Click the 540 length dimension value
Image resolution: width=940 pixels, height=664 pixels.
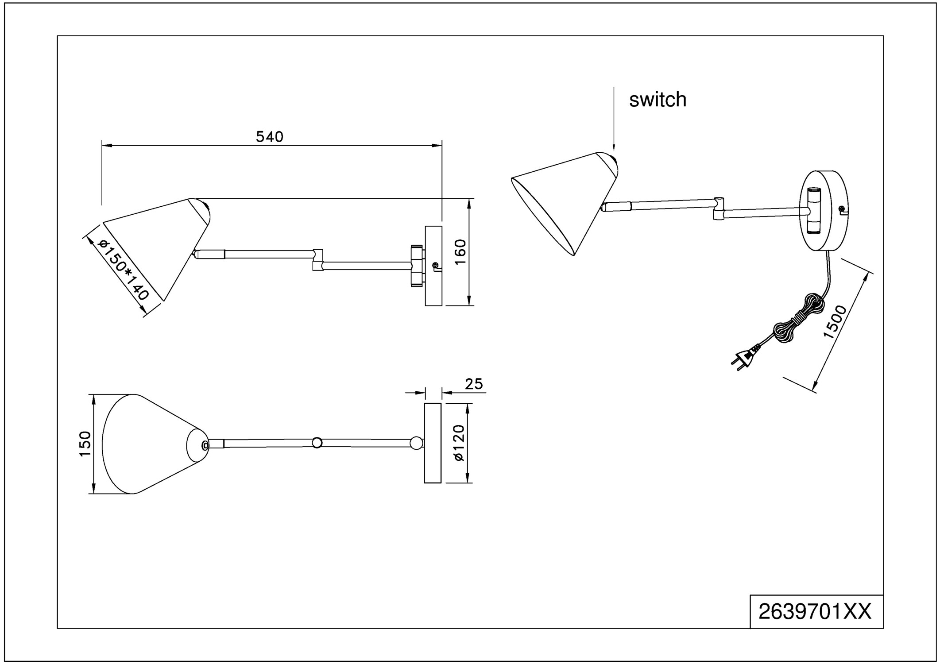point(269,137)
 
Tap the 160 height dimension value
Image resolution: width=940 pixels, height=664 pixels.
point(460,251)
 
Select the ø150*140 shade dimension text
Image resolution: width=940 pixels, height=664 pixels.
point(123,270)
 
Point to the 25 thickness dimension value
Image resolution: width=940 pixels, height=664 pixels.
point(474,384)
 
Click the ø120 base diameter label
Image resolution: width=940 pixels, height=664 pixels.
point(459,443)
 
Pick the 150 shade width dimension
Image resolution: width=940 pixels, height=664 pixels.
point(85,444)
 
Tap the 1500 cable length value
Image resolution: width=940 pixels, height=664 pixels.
point(835,322)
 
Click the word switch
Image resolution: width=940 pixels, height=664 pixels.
point(658,100)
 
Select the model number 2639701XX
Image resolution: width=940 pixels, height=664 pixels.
point(815,612)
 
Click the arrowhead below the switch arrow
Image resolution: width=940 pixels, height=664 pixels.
point(614,147)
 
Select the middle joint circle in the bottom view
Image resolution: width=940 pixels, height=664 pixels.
point(317,443)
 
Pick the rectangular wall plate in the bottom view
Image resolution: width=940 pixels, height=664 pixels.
point(433,443)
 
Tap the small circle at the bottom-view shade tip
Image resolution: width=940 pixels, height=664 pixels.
point(205,445)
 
